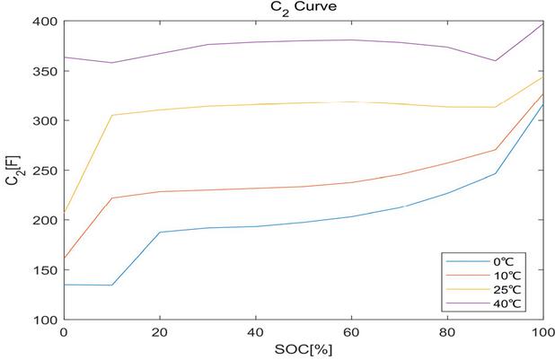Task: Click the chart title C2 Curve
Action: coord(302,9)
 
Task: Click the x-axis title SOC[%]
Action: coord(303,349)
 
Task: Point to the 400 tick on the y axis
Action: coord(44,22)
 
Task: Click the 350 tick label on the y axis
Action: coord(44,71)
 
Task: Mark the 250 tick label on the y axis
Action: coord(44,171)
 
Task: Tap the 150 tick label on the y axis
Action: coord(44,270)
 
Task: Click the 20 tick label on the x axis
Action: coord(159,331)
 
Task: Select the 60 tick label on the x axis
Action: coord(350,331)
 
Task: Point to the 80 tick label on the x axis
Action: coord(446,331)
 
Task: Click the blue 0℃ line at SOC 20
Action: coord(159,232)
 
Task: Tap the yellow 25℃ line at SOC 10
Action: coord(111,115)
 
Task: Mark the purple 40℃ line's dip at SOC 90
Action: coord(494,61)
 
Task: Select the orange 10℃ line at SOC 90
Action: coord(494,150)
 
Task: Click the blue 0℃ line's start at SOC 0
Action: coord(64,285)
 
